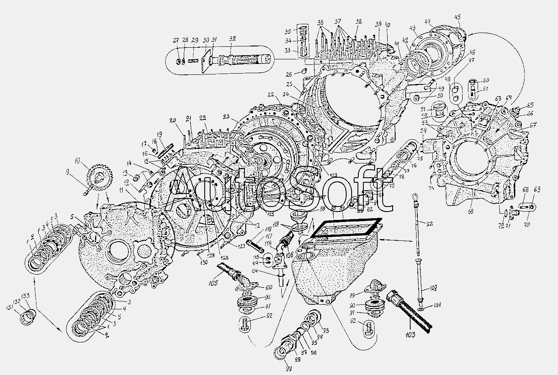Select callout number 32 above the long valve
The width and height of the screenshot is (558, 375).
(x=233, y=38)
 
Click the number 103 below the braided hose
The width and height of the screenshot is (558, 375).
(x=410, y=334)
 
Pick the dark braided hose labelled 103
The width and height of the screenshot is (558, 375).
(x=410, y=311)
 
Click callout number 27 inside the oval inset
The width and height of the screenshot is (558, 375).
(x=176, y=41)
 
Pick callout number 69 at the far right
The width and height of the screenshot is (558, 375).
(x=537, y=190)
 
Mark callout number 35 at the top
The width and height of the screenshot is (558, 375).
(x=299, y=32)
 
